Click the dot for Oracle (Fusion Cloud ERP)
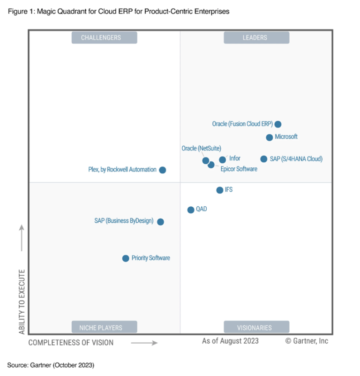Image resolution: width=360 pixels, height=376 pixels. pyautogui.click(x=278, y=124)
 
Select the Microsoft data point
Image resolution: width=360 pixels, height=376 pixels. pyautogui.click(x=270, y=137)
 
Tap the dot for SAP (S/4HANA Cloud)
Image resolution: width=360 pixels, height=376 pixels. pyautogui.click(x=264, y=159)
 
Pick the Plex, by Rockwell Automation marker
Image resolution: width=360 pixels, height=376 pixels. pyautogui.click(x=163, y=170)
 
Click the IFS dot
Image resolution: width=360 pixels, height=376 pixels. pyautogui.click(x=220, y=190)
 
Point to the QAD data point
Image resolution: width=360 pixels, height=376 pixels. pyautogui.click(x=191, y=210)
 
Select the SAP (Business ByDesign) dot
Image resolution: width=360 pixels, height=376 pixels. pyautogui.click(x=160, y=222)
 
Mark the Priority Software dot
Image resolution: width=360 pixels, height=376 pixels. pyautogui.click(x=126, y=258)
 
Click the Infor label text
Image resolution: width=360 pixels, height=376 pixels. pyautogui.click(x=235, y=158)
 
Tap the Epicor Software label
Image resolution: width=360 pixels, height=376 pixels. pyautogui.click(x=239, y=169)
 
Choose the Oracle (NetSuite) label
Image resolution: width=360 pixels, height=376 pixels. pyautogui.click(x=201, y=148)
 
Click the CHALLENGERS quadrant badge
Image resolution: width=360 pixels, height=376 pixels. pyautogui.click(x=104, y=38)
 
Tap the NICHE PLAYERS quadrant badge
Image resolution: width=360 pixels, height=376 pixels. pyautogui.click(x=104, y=327)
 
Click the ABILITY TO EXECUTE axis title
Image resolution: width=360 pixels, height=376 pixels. pyautogui.click(x=22, y=301)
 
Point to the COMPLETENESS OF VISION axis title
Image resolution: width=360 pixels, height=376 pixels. pyautogui.click(x=71, y=343)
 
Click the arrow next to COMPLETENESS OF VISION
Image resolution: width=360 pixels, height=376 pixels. pyautogui.click(x=144, y=343)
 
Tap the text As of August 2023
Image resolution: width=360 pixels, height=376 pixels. pyautogui.click(x=230, y=341)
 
